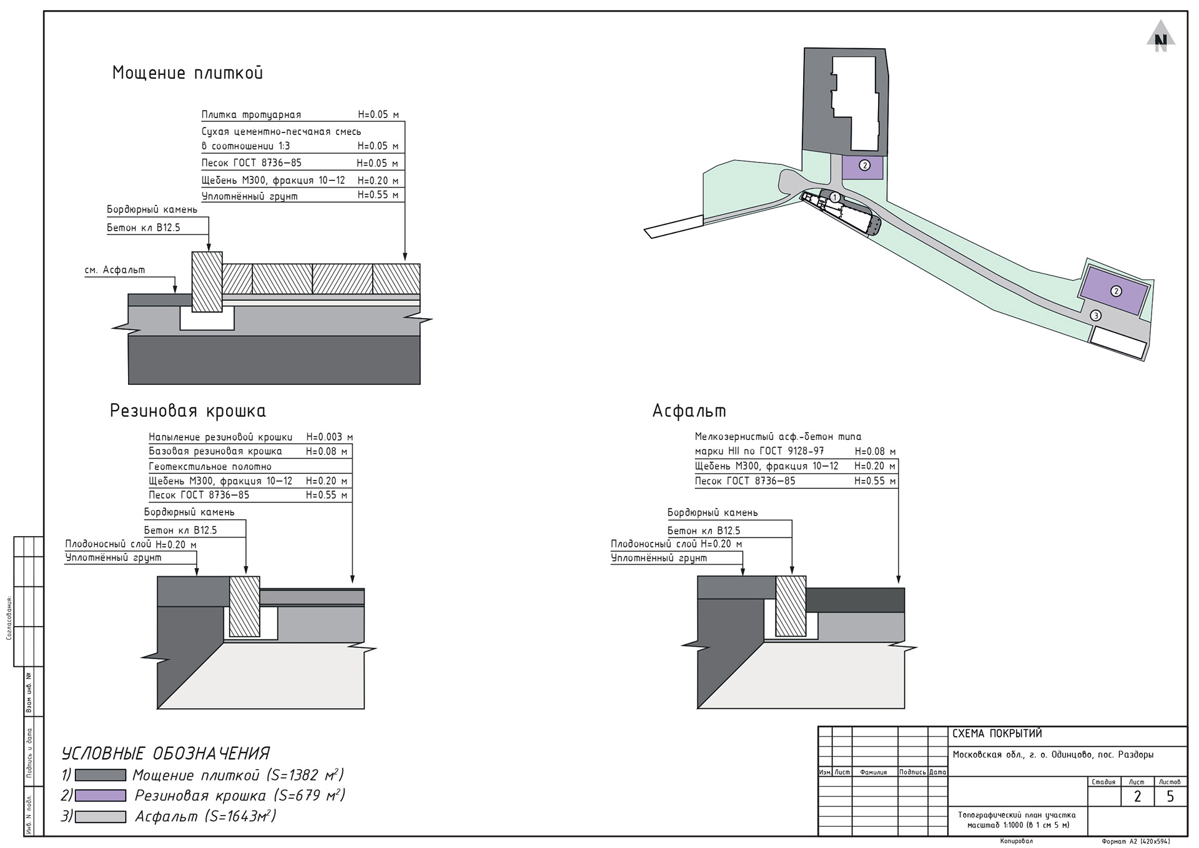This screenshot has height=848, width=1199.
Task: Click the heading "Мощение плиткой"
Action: coord(187,72)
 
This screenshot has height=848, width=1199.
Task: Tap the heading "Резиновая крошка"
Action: coord(188,411)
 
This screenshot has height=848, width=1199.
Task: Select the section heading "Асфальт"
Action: coord(689,411)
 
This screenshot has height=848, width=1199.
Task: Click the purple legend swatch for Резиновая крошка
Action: coord(101,796)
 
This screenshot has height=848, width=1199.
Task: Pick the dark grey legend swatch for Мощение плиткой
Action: coord(101,776)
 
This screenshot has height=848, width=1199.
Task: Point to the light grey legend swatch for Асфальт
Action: coord(101,816)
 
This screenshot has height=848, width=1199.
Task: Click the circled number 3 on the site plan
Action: coord(1095,316)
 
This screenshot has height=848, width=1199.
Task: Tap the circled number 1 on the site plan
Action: coord(835,197)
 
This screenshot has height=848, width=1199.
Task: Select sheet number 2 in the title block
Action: coord(1137,796)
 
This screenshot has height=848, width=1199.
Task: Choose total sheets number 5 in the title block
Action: coord(1170,796)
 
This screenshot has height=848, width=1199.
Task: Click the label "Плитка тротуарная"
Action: coord(251,115)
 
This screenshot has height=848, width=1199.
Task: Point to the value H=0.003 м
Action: coord(329,437)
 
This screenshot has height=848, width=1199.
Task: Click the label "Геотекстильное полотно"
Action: coord(210,466)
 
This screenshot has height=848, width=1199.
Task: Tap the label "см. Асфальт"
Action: coord(115,270)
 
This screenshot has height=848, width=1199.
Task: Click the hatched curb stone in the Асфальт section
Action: coord(791,606)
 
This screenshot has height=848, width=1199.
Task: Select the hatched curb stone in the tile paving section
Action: coord(207,282)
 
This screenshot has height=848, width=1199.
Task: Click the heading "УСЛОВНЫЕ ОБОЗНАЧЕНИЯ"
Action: coord(165,753)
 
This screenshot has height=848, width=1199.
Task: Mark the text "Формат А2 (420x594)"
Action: coord(1136,842)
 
